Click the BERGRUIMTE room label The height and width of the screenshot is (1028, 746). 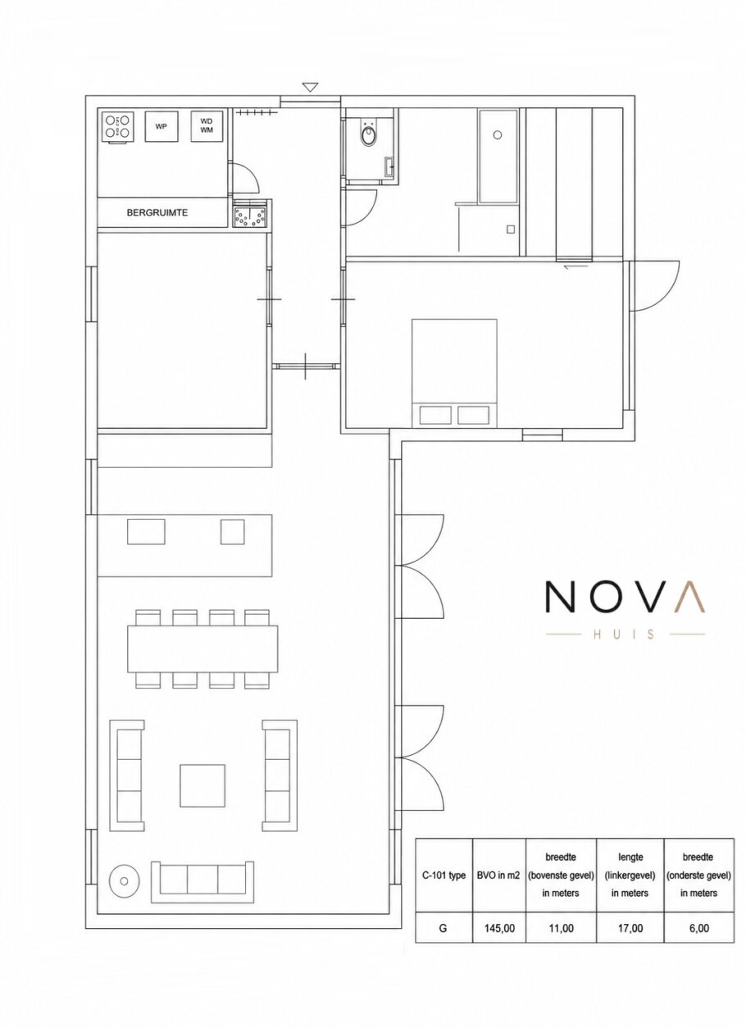click(x=157, y=213)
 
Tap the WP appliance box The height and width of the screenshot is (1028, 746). click(x=161, y=126)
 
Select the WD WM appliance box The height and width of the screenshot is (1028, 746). click(x=207, y=126)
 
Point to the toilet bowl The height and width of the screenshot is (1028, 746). click(x=368, y=135)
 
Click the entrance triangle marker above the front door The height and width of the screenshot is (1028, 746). click(x=311, y=87)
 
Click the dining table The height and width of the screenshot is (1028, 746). click(x=202, y=648)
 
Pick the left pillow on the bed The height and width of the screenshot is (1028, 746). click(x=435, y=416)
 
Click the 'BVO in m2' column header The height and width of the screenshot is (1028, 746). click(x=499, y=876)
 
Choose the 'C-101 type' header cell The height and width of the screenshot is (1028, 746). click(x=444, y=876)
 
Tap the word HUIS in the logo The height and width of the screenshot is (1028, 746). click(x=625, y=635)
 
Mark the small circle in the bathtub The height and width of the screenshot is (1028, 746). click(x=498, y=135)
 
